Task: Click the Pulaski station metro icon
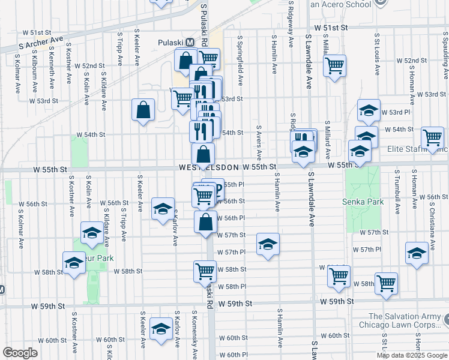click(x=190, y=43)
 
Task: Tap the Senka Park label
click(x=363, y=202)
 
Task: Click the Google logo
click(x=20, y=353)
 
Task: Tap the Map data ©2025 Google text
click(x=412, y=355)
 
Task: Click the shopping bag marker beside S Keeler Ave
click(x=143, y=110)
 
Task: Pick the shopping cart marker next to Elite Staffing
click(x=432, y=139)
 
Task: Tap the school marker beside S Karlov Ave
click(x=162, y=209)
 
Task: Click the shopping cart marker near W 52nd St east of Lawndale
click(x=335, y=65)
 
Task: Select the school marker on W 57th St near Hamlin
click(x=268, y=244)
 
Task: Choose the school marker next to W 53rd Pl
click(x=369, y=110)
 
